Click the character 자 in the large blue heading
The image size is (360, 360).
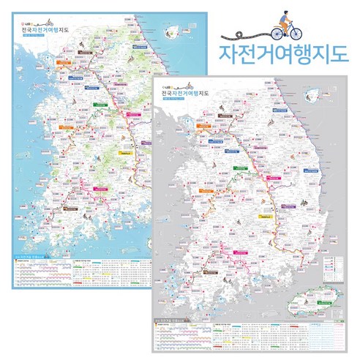[x=229, y=59]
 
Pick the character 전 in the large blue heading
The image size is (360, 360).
[x=249, y=59]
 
